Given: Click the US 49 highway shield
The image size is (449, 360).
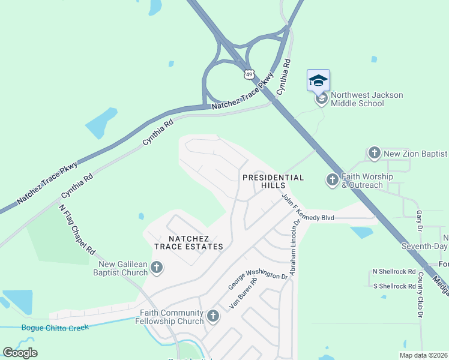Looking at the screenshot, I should click(x=249, y=74).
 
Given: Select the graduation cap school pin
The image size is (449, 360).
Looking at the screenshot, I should click(x=318, y=80).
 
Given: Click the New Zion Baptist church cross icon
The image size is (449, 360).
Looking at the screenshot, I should click(x=375, y=154).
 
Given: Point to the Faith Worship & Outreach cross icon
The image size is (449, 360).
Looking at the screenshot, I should click(x=333, y=180).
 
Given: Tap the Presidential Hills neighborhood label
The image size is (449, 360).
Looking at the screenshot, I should click(x=273, y=182).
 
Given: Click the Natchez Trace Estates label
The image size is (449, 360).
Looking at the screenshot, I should click(x=188, y=242).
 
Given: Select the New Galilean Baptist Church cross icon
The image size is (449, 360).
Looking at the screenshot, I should click(x=157, y=268).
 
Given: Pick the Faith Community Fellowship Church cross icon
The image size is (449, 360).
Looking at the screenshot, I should click(x=212, y=316).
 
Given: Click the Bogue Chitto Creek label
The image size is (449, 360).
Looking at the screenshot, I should click(x=55, y=328).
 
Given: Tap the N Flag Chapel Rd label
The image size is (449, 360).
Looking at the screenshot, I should click(x=77, y=229).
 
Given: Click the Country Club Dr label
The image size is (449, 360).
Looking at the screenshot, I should click(x=420, y=295).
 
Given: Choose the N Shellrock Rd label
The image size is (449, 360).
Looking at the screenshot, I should click(x=394, y=271).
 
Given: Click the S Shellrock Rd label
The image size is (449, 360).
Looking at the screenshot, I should click(x=394, y=286).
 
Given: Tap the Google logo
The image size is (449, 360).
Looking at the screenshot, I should click(x=20, y=353).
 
